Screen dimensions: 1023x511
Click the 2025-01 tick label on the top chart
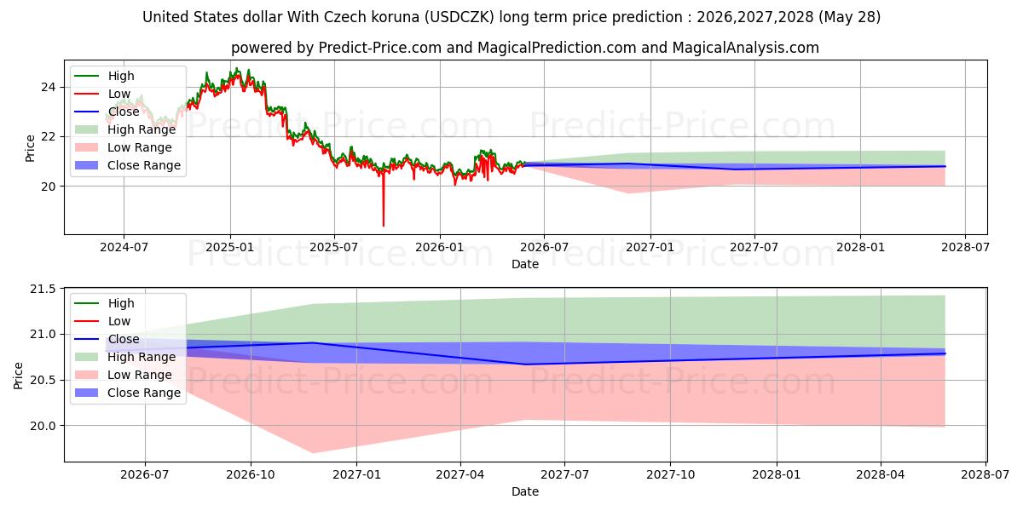coord(229,247)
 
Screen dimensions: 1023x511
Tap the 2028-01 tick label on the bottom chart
coord(777,474)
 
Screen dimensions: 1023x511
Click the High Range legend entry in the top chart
coord(125,129)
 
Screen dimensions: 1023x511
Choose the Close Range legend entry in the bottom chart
coord(127,393)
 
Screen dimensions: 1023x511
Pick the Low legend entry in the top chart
coord(102,94)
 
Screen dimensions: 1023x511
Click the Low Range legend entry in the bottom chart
coord(124,375)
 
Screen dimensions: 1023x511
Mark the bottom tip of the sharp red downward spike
coord(384,226)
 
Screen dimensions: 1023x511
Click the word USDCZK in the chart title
coord(459,17)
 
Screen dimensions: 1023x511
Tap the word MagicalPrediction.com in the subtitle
coord(557,48)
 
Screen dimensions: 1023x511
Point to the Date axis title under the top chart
coord(525,264)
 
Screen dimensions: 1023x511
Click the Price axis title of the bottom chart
coord(18,376)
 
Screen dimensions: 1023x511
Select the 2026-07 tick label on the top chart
coord(545,247)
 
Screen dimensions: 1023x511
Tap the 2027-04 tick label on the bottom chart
coord(460,474)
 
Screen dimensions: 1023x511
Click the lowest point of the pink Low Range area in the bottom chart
coord(314,453)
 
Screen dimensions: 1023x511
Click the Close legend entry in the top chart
coord(107,112)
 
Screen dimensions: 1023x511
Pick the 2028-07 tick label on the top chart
coord(965,247)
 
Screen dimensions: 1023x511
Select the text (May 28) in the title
coord(849,17)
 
